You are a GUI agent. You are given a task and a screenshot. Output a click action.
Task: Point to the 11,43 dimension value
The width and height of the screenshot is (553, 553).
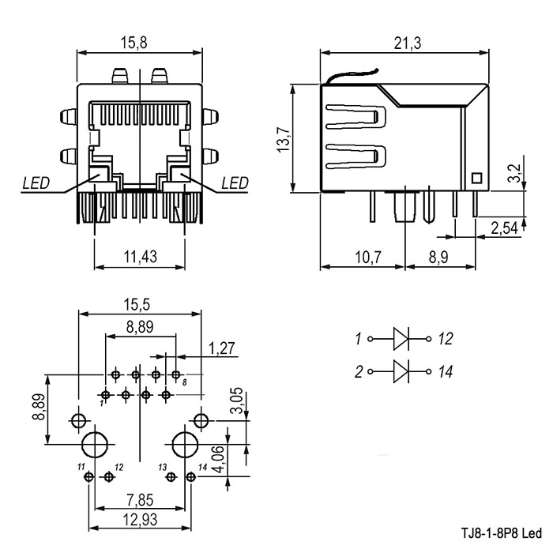(x=140, y=257)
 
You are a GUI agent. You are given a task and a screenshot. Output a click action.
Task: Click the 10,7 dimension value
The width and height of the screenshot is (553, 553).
(x=362, y=257)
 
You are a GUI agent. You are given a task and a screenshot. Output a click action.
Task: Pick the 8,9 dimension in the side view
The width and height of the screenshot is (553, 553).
(x=440, y=257)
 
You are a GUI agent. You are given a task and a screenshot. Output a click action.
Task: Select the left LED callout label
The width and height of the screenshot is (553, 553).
(x=36, y=183)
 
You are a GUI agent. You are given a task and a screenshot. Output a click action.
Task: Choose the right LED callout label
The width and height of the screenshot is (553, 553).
(x=235, y=183)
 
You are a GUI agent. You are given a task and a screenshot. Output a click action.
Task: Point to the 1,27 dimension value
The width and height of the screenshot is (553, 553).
(x=222, y=347)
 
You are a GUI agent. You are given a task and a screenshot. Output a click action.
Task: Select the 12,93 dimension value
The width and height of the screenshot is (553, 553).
(x=141, y=519)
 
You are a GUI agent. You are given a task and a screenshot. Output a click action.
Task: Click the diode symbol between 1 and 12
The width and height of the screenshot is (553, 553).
(x=401, y=339)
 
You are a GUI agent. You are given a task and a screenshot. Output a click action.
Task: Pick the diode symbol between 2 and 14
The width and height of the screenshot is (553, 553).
(x=401, y=369)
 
